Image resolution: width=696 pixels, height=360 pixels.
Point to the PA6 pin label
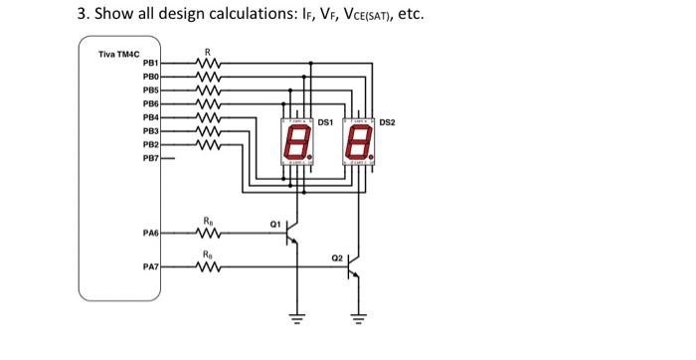click(151, 233)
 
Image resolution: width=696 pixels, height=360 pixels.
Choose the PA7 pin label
click(151, 267)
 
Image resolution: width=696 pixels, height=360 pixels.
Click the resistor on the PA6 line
click(207, 233)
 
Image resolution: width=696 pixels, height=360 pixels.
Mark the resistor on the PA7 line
click(207, 267)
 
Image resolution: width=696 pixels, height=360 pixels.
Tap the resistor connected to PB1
click(207, 65)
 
